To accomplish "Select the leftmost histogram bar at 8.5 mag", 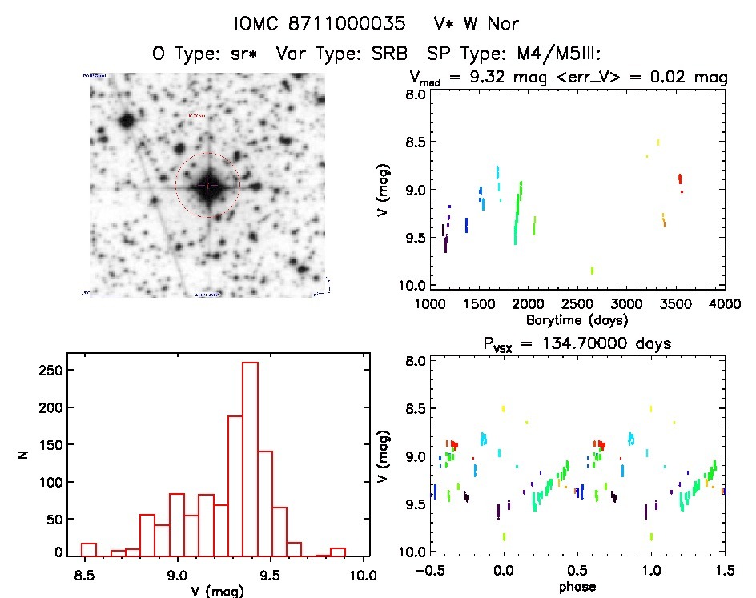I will click(89, 549).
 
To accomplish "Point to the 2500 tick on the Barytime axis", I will click(577, 304).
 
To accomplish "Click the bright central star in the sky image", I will click(207, 186).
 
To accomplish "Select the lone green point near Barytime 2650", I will click(592, 271).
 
